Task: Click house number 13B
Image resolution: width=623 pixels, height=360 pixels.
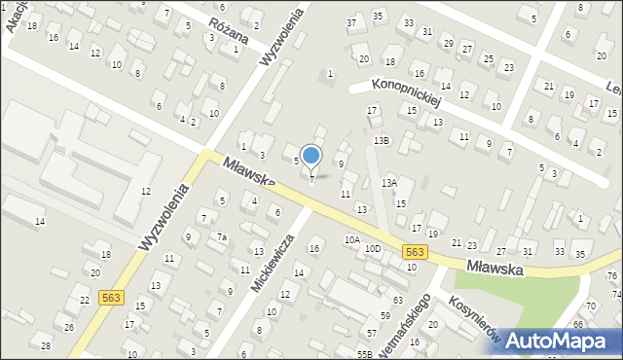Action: coord(382,140)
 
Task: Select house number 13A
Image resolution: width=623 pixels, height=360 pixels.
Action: coord(389,182)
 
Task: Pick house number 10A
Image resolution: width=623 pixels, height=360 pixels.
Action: coord(351,239)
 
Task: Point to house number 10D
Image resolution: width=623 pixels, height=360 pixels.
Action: coord(373,249)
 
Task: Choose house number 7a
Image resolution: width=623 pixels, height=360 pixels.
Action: coord(222,237)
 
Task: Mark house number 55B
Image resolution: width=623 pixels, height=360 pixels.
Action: coord(365,354)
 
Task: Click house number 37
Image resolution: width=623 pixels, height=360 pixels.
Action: coord(351,21)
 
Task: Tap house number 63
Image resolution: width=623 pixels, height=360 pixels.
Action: coord(398,300)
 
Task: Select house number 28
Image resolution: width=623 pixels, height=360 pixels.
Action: coord(46,345)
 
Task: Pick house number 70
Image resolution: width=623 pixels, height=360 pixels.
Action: coord(590,306)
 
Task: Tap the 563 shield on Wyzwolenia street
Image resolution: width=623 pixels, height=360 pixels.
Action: coord(110,299)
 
